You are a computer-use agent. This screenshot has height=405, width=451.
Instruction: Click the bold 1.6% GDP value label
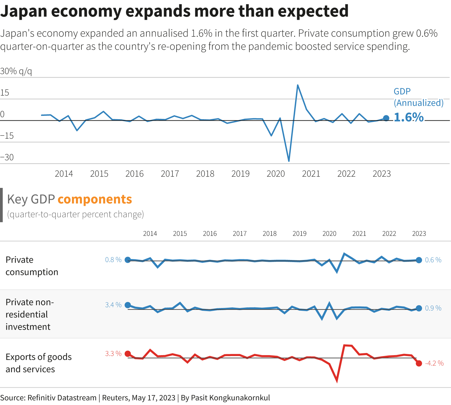408,117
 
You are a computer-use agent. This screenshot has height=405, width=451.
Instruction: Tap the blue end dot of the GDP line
386,118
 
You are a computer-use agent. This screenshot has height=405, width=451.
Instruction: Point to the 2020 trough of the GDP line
289,161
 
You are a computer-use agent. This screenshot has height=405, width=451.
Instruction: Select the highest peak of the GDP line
298,85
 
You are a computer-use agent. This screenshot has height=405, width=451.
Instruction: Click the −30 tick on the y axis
7,157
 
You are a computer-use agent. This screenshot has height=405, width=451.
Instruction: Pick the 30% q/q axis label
16,71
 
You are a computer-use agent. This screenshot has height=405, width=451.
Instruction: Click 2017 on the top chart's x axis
170,174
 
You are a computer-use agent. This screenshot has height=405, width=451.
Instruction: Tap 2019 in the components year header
299,234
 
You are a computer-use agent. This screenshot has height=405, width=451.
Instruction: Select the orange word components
95,199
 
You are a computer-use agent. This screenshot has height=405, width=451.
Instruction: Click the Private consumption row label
32,266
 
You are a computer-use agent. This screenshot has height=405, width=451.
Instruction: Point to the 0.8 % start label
113,260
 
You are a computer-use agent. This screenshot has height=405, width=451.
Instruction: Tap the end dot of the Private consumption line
419,260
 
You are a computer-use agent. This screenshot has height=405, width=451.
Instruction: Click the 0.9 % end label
433,308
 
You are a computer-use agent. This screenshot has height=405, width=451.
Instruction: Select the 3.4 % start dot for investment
128,305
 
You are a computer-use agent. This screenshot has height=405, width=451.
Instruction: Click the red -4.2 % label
434,363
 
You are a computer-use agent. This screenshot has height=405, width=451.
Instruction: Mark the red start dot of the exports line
128,354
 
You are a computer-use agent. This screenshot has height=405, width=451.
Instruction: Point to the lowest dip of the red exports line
337,381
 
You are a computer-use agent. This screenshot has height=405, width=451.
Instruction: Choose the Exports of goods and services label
39,363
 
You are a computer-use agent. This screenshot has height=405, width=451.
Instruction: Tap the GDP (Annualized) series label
418,97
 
